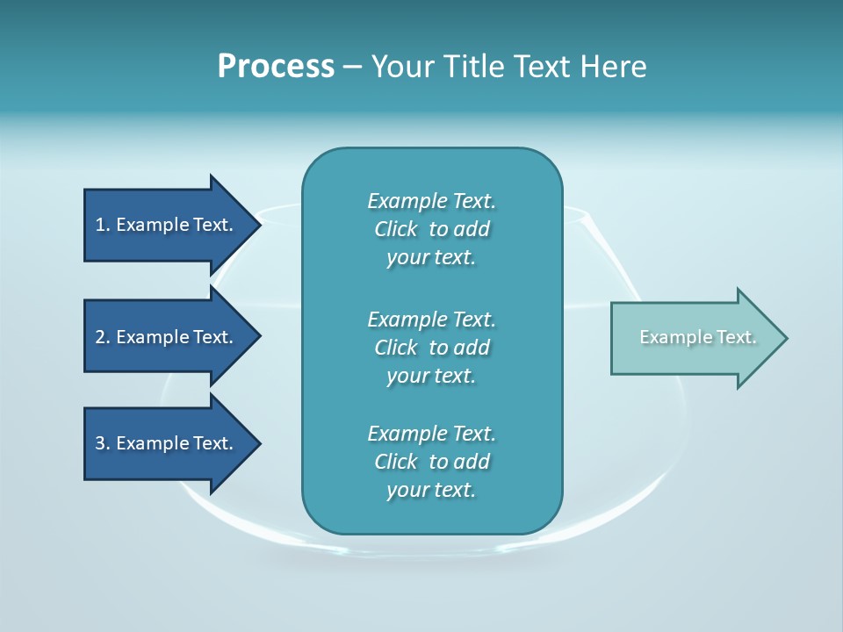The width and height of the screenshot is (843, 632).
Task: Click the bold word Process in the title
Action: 276,66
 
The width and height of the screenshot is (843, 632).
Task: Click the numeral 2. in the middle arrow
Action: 103,337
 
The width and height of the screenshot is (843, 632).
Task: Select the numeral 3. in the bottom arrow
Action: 103,443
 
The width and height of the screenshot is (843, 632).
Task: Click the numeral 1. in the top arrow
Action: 102,225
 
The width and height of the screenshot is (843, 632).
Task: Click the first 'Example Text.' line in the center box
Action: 431,201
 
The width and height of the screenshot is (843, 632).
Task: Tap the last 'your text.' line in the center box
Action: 431,490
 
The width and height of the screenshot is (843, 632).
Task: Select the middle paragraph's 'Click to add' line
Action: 431,348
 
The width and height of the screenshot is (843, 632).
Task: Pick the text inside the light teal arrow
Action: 697,337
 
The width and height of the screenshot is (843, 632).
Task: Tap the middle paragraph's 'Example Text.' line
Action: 431,319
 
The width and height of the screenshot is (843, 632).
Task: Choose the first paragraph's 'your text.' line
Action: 431,258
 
